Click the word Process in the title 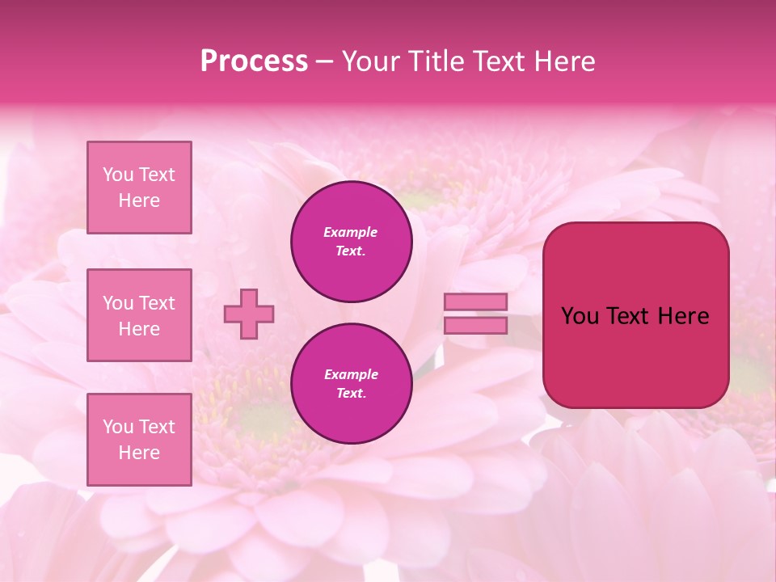coord(254,61)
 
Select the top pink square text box coord(139,188)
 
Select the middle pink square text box coord(139,315)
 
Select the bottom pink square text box coord(139,440)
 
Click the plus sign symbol coord(249,314)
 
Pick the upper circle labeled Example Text coord(352,242)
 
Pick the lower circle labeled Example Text coord(352,384)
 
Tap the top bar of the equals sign coord(475,302)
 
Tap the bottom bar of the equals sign coord(475,325)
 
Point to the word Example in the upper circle coord(351,232)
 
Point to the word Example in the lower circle coord(351,374)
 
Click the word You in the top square coord(118,175)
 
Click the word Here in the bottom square coord(139,453)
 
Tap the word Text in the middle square coord(156,303)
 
